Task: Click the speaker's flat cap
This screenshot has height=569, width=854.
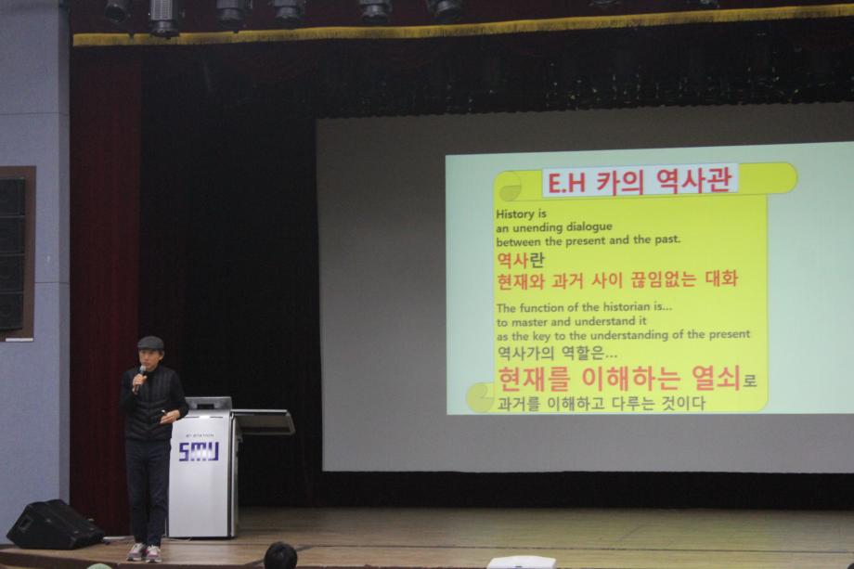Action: pyautogui.click(x=149, y=343)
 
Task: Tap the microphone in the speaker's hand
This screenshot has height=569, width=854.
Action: pyautogui.click(x=140, y=373)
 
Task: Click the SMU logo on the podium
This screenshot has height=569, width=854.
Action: pyautogui.click(x=198, y=451)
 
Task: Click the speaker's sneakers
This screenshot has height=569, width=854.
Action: pyautogui.click(x=144, y=552)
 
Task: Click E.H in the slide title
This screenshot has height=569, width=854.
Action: pyautogui.click(x=564, y=183)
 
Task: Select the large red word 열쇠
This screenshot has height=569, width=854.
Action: pyautogui.click(x=715, y=378)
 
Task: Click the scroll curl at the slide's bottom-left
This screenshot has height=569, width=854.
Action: pyautogui.click(x=480, y=397)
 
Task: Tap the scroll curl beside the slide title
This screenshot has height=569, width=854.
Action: pyautogui.click(x=509, y=187)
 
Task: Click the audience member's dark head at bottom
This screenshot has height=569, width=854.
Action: pyautogui.click(x=279, y=557)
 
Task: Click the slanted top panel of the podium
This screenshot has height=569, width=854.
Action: pyautogui.click(x=263, y=422)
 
